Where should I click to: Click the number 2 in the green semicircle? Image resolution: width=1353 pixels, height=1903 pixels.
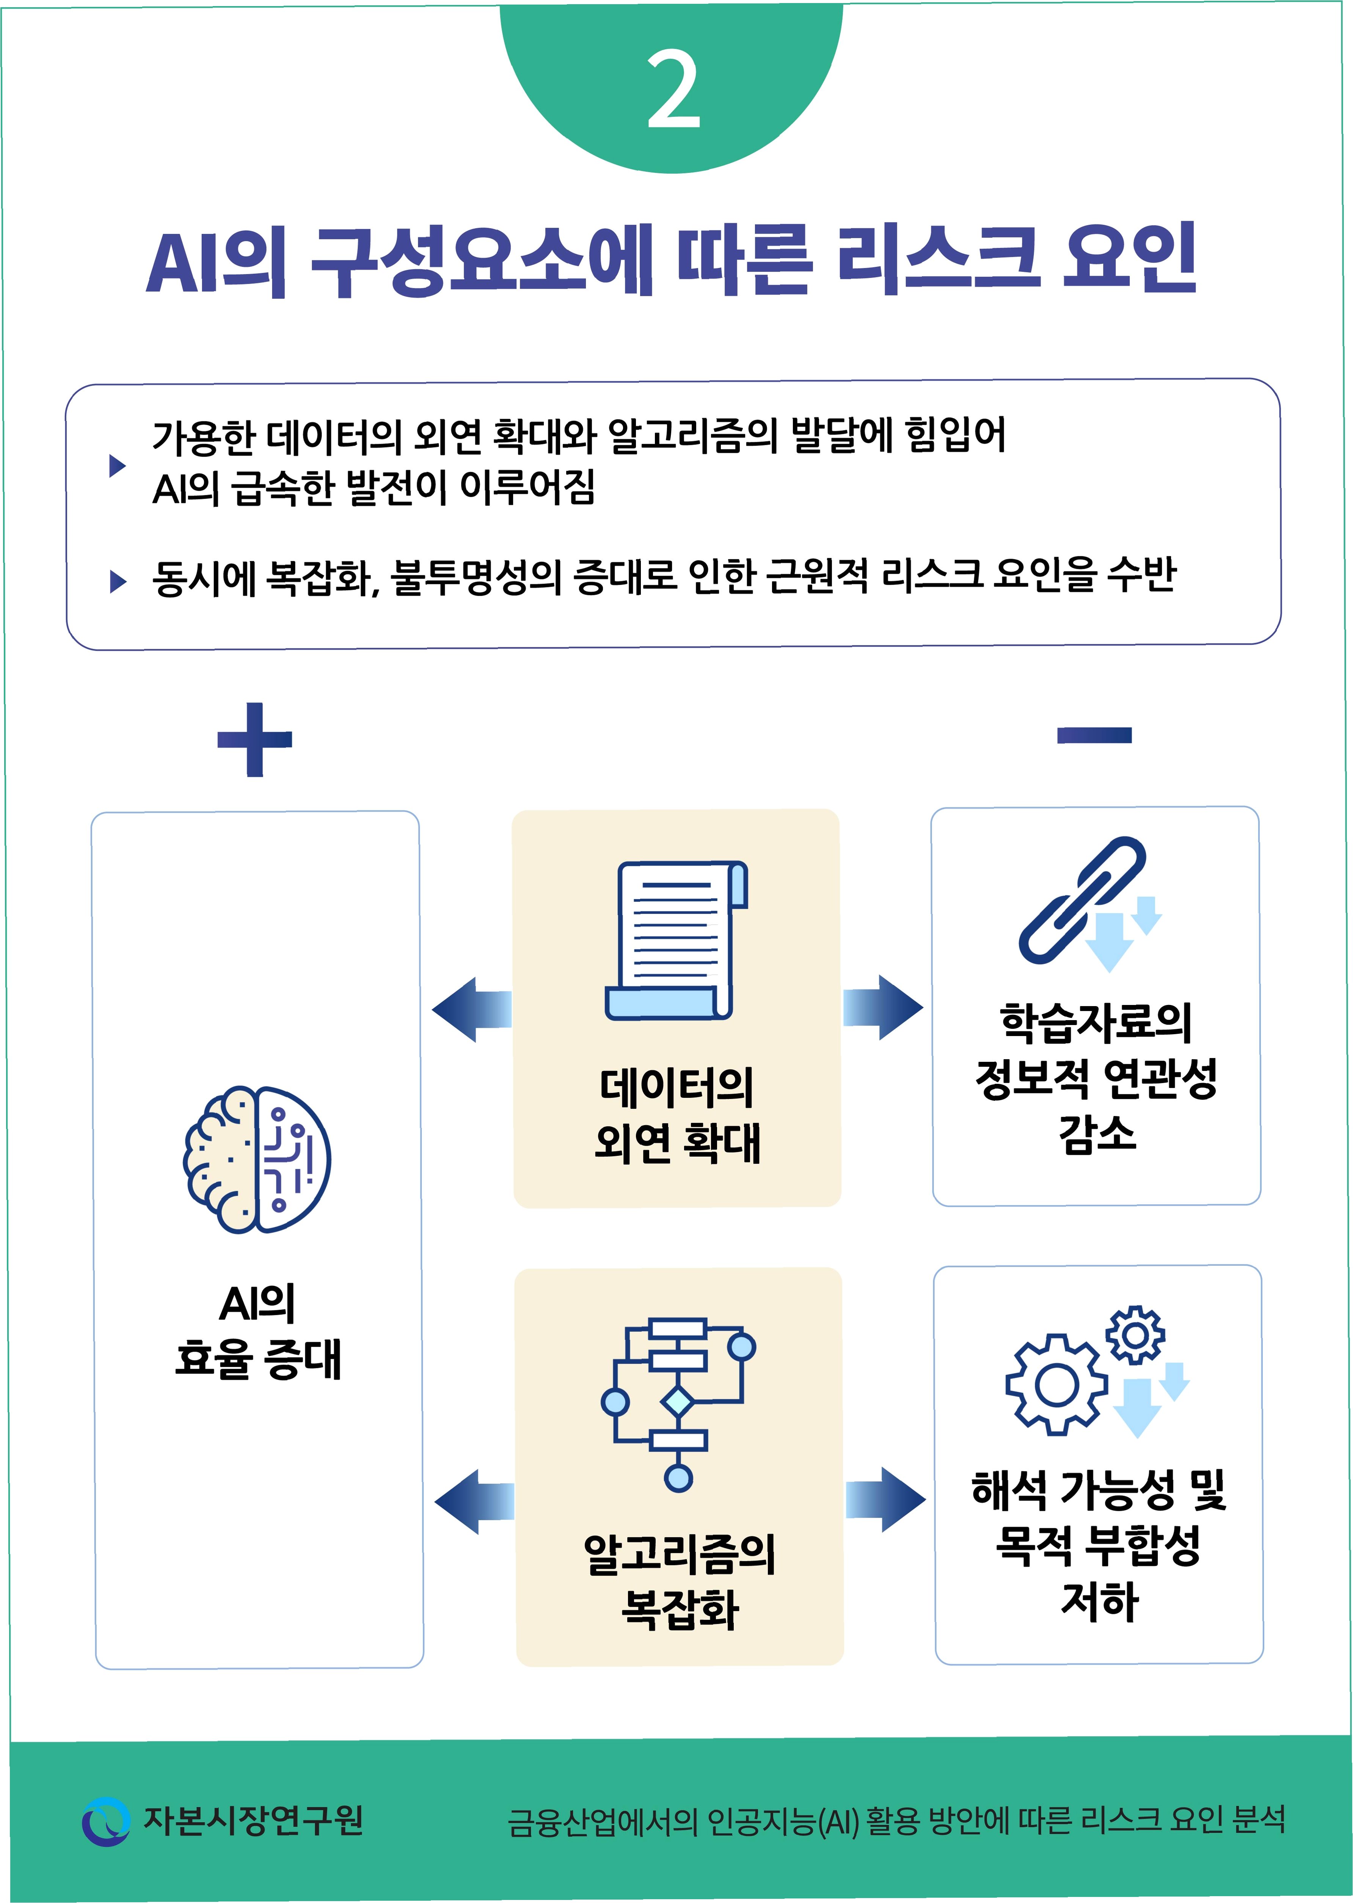[673, 89]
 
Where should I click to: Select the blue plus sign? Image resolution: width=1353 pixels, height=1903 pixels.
[254, 739]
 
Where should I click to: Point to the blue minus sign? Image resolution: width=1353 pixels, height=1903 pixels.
[1094, 734]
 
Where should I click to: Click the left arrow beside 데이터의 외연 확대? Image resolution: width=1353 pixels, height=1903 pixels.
[472, 1009]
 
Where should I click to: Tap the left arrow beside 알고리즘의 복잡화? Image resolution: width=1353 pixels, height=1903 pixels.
[474, 1501]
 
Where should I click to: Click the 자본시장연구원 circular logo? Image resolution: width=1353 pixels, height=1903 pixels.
[106, 1820]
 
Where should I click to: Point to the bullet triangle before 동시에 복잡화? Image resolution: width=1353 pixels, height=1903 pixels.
[118, 582]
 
